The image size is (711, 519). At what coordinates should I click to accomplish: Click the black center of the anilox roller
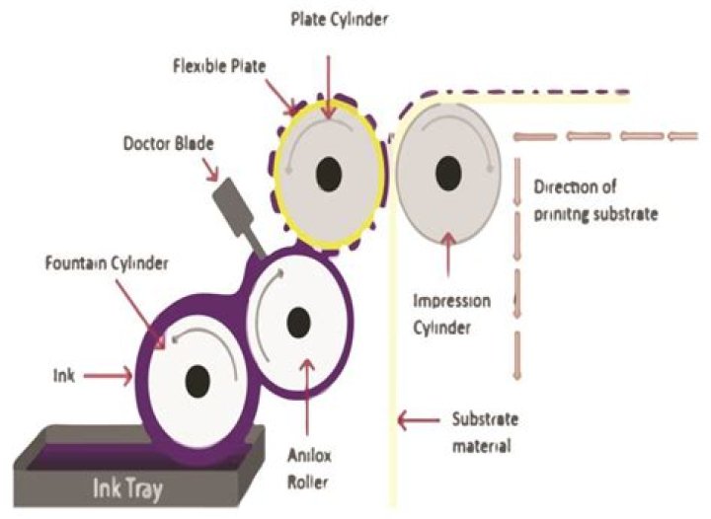(x=298, y=320)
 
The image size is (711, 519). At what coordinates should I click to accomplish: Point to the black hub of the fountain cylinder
(x=197, y=379)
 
